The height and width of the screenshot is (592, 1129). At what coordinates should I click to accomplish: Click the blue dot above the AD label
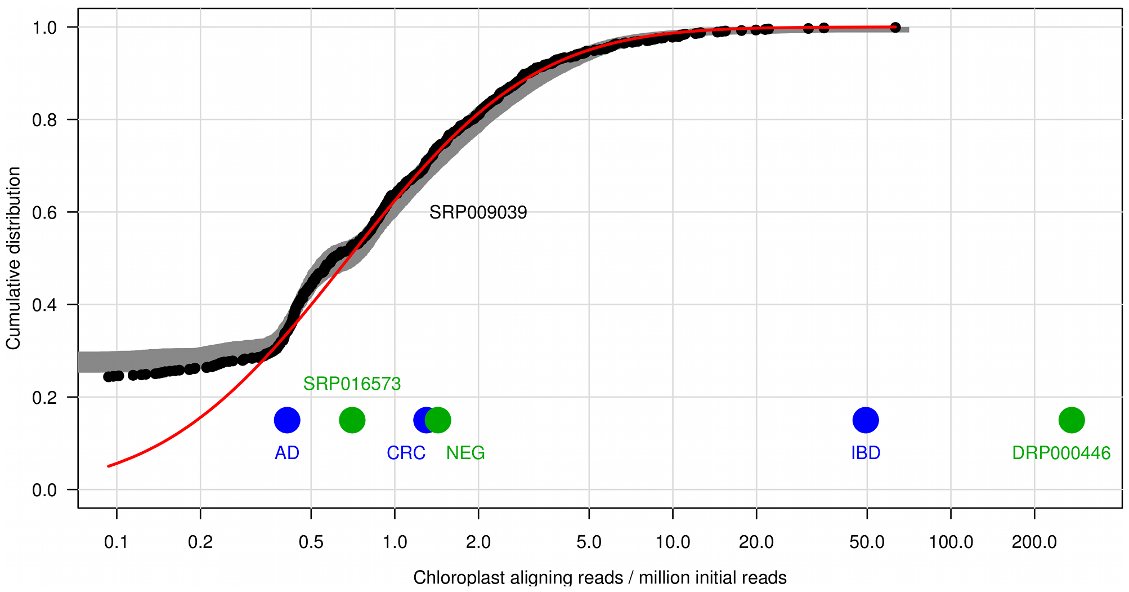point(287,420)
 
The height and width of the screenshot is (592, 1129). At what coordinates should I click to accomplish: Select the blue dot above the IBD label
point(866,420)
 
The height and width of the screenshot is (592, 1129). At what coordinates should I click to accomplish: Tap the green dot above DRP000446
point(1072,420)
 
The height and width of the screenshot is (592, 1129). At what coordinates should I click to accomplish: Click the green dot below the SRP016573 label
point(352,420)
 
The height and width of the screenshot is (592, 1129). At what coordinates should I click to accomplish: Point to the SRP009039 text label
point(478,212)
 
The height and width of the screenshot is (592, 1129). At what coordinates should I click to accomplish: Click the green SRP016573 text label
point(352,384)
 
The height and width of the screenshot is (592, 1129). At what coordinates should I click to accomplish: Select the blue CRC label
point(406,453)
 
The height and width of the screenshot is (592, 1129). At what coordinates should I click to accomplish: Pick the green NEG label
point(465,453)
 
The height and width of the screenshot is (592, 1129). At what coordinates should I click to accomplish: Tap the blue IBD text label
point(866,453)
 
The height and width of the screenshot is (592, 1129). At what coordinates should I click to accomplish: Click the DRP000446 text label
point(1061,453)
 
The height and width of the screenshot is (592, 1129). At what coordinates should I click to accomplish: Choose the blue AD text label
point(287,453)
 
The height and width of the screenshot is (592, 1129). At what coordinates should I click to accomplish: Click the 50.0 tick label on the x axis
point(867,542)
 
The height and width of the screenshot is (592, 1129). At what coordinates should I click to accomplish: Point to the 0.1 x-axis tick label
point(117,542)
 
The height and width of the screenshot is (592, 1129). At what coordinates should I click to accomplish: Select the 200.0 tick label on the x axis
point(1034,542)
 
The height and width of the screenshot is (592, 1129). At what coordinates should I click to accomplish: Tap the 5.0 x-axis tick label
point(589,542)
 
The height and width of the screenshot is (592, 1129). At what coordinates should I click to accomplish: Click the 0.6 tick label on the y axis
point(45,212)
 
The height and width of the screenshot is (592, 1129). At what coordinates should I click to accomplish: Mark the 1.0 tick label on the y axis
point(45,28)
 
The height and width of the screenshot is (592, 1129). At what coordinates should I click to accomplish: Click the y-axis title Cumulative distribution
point(14,258)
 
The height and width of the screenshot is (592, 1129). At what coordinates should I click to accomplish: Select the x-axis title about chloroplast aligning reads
point(600,578)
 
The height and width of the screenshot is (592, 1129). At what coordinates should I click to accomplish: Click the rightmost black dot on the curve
point(895,28)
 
